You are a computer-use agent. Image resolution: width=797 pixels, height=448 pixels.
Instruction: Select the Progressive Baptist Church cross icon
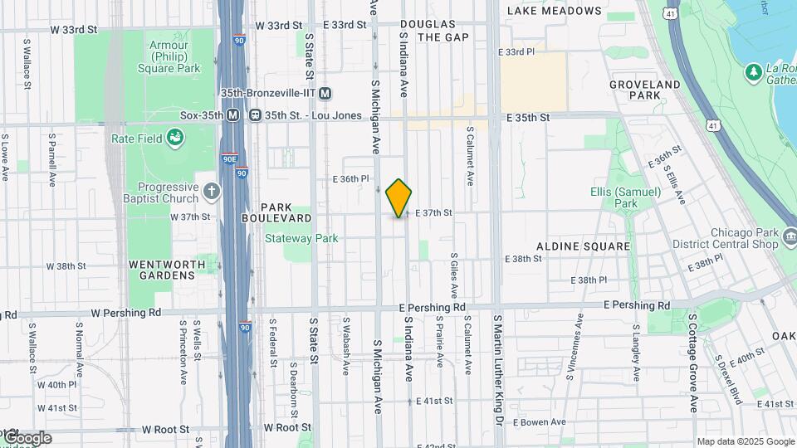[x=212, y=192]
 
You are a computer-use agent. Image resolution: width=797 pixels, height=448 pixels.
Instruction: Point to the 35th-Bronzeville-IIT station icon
[x=325, y=93]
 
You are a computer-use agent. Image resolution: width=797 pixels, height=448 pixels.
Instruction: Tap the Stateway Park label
[x=301, y=238]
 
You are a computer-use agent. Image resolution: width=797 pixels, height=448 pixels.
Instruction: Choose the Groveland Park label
[x=645, y=90]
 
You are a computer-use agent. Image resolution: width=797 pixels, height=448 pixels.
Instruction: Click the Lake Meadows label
[x=565, y=11]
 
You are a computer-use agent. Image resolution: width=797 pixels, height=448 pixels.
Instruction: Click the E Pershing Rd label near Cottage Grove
[x=637, y=305]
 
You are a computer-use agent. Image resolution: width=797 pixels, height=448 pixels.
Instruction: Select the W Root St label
[x=165, y=429]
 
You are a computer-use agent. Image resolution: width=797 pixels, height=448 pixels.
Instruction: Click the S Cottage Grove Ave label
[x=693, y=362]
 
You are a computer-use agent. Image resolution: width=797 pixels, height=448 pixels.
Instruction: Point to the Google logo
[x=27, y=438]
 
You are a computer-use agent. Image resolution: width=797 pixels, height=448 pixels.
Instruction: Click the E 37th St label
[x=433, y=213]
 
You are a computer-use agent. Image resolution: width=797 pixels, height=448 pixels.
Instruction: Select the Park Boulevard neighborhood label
[x=276, y=212]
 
